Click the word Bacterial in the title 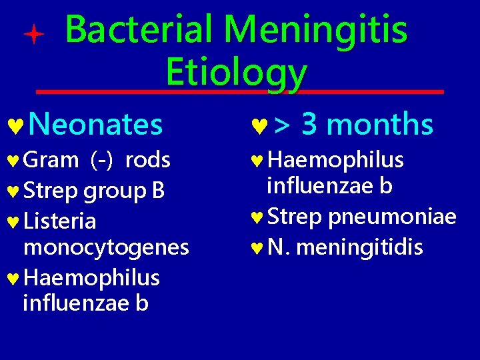139,30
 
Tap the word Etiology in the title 236,72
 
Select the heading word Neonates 96,125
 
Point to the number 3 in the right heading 309,124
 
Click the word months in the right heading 380,125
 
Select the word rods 148,161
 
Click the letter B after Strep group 158,191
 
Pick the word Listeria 60,221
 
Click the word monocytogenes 106,247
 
